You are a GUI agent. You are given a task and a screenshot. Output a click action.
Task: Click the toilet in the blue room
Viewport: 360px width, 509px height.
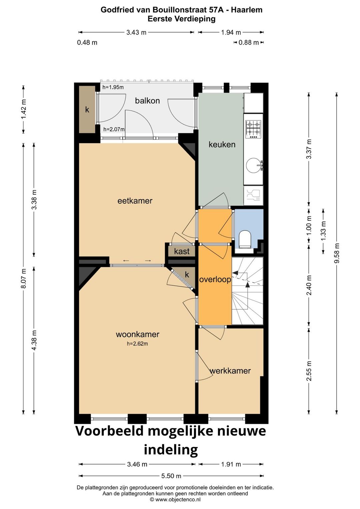point(245,239)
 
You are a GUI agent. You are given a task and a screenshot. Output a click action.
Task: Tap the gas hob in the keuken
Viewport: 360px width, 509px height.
point(253,129)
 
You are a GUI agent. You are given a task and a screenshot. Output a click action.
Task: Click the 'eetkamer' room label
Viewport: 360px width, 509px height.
point(135,201)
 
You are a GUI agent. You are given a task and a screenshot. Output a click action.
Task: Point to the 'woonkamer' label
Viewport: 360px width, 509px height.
point(137,334)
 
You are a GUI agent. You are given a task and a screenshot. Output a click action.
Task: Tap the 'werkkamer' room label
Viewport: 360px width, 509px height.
point(230,371)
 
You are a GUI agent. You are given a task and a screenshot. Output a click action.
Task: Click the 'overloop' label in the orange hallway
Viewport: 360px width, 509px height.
point(215,280)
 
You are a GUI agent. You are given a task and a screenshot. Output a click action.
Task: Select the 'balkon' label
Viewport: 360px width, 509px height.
point(147,101)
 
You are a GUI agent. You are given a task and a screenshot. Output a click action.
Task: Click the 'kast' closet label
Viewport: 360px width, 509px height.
point(182,251)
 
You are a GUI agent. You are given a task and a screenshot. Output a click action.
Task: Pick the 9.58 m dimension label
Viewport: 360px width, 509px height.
point(337,253)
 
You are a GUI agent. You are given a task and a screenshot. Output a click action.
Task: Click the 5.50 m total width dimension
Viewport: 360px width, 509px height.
point(171,476)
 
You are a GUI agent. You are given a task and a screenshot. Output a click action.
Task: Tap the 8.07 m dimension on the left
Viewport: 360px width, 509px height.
point(23,279)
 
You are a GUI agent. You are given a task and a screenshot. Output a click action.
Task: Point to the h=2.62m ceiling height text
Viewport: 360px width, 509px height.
point(137,344)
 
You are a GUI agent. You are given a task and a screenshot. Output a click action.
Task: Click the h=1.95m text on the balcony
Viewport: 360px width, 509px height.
point(113,87)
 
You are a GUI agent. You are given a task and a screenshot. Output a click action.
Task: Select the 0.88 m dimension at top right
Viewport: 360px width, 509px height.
point(248,43)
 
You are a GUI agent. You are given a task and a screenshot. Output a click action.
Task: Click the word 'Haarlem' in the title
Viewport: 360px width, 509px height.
point(246,10)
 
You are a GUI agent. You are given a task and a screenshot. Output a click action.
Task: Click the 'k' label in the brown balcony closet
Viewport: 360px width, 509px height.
point(87,109)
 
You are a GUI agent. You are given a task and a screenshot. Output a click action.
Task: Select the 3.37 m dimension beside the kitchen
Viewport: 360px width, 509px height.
point(309,149)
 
